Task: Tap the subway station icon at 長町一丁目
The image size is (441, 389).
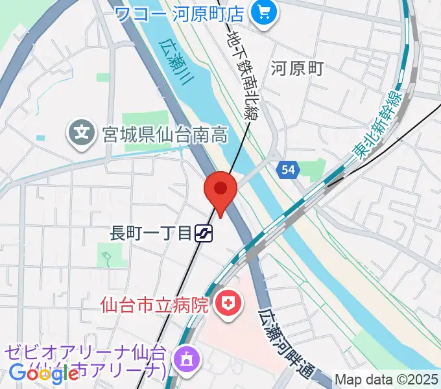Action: tap(206, 233)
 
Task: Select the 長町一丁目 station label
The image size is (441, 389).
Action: tap(151, 233)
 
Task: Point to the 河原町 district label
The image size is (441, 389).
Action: tap(298, 67)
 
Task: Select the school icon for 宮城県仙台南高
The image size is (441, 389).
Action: tap(82, 134)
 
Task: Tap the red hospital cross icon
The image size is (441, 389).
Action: tap(228, 303)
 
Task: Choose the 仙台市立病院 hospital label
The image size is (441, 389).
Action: tap(154, 303)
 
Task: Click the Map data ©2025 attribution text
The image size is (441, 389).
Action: tap(387, 380)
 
